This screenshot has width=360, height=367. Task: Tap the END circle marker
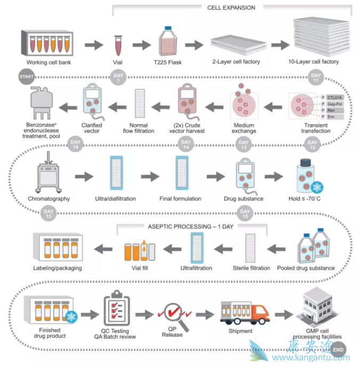pos(338,350)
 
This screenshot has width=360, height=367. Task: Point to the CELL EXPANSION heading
pos(231,8)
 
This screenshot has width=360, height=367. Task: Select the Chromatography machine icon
pos(49,175)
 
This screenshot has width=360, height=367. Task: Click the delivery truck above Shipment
pos(240,310)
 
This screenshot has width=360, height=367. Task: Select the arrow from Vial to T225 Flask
pos(141,45)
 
